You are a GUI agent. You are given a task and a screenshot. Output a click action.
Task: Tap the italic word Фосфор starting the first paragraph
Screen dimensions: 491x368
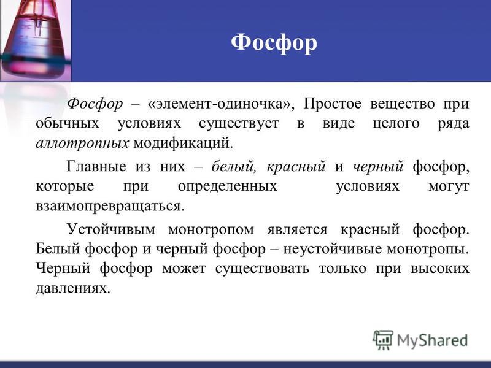tap(95, 104)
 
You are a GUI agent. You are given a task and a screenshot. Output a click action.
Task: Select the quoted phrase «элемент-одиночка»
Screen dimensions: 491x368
tap(221, 104)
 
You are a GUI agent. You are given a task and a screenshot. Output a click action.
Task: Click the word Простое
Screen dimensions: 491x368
tap(332, 104)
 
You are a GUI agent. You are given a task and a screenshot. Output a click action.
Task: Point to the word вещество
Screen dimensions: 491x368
tap(403, 104)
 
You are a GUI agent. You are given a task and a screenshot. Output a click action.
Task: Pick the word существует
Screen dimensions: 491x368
tap(239, 124)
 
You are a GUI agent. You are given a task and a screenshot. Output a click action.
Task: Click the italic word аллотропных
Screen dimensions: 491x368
tap(82, 144)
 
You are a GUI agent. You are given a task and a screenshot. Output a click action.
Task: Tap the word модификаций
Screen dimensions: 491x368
tap(184, 144)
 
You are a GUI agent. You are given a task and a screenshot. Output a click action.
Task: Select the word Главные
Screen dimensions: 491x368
tap(96, 166)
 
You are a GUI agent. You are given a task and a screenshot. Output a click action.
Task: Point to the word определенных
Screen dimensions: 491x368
tap(228, 186)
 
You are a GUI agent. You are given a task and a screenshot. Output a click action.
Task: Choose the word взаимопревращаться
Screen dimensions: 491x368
tap(110, 206)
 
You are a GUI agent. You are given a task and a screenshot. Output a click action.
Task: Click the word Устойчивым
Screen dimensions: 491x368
tap(111, 229)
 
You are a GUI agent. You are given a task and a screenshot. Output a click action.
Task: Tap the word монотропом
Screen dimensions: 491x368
tap(211, 229)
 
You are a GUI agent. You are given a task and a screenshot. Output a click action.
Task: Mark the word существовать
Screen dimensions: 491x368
tap(263, 269)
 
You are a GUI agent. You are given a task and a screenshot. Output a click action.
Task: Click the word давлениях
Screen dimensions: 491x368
tap(73, 288)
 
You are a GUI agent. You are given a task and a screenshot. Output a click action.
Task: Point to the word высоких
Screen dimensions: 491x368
tap(440, 269)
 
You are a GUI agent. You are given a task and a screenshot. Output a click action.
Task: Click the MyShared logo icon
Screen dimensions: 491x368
tap(383, 340)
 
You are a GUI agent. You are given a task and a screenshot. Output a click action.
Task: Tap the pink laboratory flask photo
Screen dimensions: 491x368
tap(36, 40)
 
